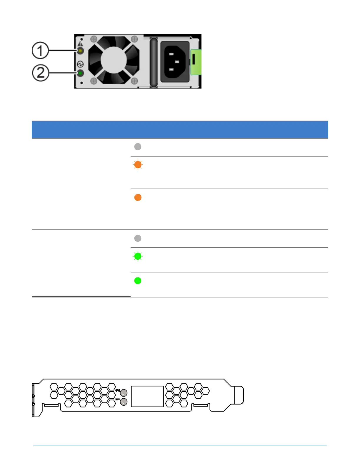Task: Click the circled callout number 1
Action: pyautogui.click(x=40, y=50)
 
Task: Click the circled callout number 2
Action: pyautogui.click(x=40, y=73)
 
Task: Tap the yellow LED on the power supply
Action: pyautogui.click(x=80, y=51)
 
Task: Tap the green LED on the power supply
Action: pyautogui.click(x=80, y=73)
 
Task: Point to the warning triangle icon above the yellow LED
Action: pyautogui.click(x=80, y=44)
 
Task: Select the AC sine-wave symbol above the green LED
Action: pyautogui.click(x=80, y=64)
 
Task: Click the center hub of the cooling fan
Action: pyautogui.click(x=114, y=60)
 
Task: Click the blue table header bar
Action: pyautogui.click(x=180, y=129)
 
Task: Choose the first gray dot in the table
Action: pyautogui.click(x=138, y=147)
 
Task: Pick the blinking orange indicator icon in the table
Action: pyautogui.click(x=138, y=165)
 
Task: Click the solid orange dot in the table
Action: pyautogui.click(x=138, y=197)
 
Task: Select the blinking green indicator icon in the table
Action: pyautogui.click(x=138, y=257)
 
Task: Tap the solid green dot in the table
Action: pyautogui.click(x=138, y=281)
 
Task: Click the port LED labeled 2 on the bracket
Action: pyautogui.click(x=124, y=392)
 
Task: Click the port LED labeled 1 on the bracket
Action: pyautogui.click(x=124, y=402)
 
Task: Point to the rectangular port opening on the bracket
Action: pyautogui.click(x=147, y=396)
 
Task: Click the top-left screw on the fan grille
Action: pyautogui.click(x=94, y=39)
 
